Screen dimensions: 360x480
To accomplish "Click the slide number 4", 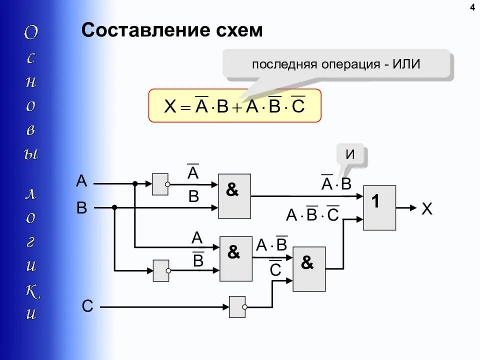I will (472, 7).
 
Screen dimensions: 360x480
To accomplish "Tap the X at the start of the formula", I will (170, 106).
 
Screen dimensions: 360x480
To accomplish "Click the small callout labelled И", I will (350, 155).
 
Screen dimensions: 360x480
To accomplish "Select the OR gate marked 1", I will (379, 207).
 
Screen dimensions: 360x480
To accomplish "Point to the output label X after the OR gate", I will (426, 208).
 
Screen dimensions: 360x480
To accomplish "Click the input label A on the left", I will (81, 180).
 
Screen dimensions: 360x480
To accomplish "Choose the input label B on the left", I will (81, 207).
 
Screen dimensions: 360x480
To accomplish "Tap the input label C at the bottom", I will (87, 305).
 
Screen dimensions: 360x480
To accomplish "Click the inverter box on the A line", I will (160, 184).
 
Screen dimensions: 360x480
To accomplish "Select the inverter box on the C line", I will (237, 306).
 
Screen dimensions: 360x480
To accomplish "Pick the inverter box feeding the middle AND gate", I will (160, 270).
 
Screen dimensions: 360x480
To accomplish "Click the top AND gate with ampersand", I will (234, 196).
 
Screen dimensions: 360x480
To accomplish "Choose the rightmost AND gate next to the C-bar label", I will (308, 269).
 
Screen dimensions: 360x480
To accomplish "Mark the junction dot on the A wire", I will (135, 184).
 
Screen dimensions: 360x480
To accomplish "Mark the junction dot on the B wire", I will (114, 207).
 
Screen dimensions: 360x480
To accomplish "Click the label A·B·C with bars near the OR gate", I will (312, 214).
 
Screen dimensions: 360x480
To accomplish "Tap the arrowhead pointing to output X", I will (411, 207).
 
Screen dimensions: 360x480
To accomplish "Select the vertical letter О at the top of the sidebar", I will (31, 33).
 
